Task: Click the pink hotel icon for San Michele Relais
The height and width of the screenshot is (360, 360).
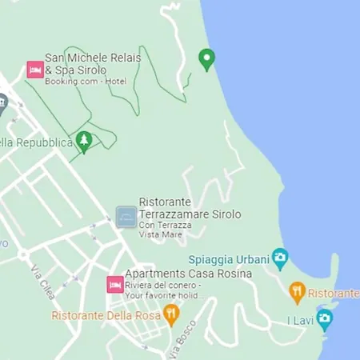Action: [34, 70]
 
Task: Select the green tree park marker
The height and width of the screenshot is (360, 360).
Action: [84, 142]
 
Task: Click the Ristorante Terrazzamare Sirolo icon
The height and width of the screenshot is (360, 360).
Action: [126, 217]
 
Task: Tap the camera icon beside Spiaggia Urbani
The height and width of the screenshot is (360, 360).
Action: [280, 258]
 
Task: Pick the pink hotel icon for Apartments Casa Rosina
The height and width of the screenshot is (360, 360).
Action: [114, 284]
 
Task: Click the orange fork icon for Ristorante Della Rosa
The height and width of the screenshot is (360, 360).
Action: [170, 314]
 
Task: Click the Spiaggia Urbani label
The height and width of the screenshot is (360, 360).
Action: [227, 259]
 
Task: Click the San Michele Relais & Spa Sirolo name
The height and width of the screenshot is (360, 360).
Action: [92, 64]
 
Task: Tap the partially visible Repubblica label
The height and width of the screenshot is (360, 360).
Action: [35, 143]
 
